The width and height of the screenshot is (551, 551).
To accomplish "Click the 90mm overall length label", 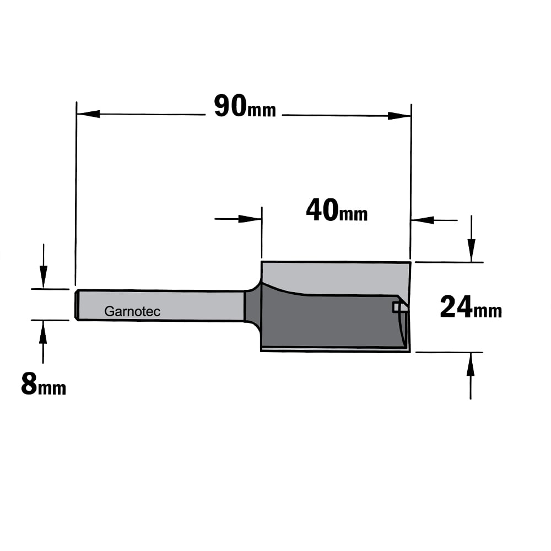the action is point(245,106).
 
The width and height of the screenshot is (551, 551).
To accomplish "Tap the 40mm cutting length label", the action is point(337,210).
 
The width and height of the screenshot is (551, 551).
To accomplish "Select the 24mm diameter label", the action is point(471,307).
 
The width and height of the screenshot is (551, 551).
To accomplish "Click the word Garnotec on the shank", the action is point(132,311).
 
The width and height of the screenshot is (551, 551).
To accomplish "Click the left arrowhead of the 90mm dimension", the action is point(88,114).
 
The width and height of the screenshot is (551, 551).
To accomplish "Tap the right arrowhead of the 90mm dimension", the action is point(399,116).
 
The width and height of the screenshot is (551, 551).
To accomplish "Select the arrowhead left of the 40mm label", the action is point(250,219).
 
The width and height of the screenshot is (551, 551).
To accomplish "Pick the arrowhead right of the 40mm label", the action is point(423,220).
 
